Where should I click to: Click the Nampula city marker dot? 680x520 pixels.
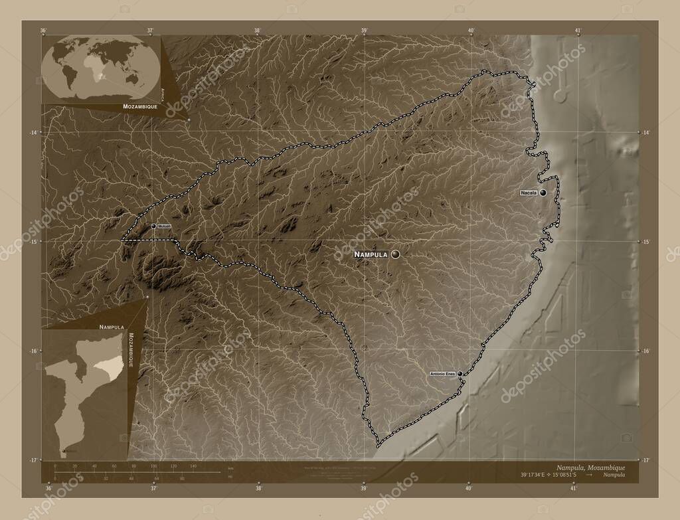(396, 254)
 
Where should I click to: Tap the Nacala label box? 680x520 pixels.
(529, 193)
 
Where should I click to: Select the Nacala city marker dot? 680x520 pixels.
(543, 193)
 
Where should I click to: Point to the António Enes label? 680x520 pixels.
(442, 374)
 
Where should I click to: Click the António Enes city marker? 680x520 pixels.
(460, 374)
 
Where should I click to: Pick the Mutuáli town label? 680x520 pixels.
(165, 226)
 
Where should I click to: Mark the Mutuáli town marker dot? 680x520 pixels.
(154, 226)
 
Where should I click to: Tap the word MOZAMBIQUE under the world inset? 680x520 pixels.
(139, 106)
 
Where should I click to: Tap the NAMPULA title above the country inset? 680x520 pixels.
(112, 327)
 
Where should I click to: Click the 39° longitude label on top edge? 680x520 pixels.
(365, 30)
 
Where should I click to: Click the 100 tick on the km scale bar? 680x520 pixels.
(155, 467)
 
